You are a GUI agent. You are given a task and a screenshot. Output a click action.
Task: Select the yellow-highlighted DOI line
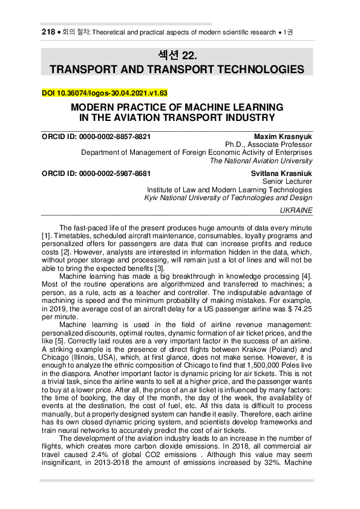[x=104, y=93]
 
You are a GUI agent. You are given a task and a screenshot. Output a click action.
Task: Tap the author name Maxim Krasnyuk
[x=283, y=136]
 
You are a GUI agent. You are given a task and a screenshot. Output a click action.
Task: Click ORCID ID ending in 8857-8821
[x=96, y=136]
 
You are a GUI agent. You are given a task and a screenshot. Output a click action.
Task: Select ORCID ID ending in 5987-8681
[x=96, y=172]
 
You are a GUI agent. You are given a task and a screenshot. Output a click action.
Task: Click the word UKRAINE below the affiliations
[x=296, y=210]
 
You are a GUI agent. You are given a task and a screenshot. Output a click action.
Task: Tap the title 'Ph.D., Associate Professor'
[x=269, y=144]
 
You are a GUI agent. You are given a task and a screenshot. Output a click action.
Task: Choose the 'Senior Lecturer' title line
[x=287, y=181]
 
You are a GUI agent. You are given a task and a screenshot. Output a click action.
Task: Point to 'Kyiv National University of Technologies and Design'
[x=229, y=198]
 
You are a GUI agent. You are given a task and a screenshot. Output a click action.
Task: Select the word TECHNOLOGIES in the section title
[x=257, y=70]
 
